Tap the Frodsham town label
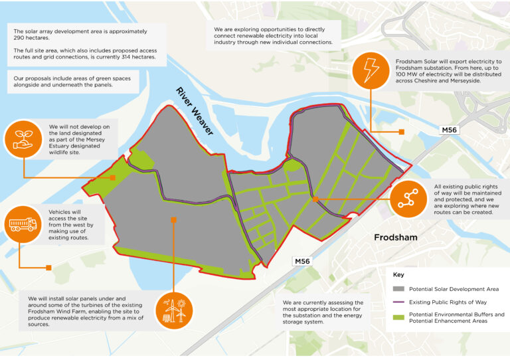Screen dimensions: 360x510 click(x=398, y=237)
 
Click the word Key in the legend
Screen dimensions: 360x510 click(x=398, y=274)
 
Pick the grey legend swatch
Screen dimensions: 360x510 click(x=398, y=289)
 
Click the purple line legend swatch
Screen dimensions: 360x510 click(x=398, y=303)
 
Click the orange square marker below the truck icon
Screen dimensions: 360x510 click(x=48, y=268)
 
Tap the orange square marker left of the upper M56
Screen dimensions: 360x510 click(x=401, y=132)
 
